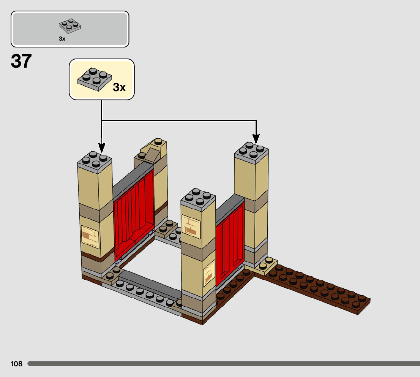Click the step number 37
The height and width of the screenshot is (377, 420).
(x=21, y=62)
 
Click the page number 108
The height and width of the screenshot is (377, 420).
(x=17, y=364)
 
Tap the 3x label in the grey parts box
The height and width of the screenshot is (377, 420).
(x=62, y=39)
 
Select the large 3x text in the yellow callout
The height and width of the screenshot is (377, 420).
(x=119, y=87)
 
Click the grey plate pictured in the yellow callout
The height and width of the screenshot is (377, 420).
(x=95, y=79)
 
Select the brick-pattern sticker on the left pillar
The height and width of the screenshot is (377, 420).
(x=90, y=237)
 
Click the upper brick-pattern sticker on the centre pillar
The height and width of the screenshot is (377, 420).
(x=191, y=227)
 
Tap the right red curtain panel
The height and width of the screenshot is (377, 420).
(x=230, y=243)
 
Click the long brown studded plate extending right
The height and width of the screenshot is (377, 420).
(x=315, y=289)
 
